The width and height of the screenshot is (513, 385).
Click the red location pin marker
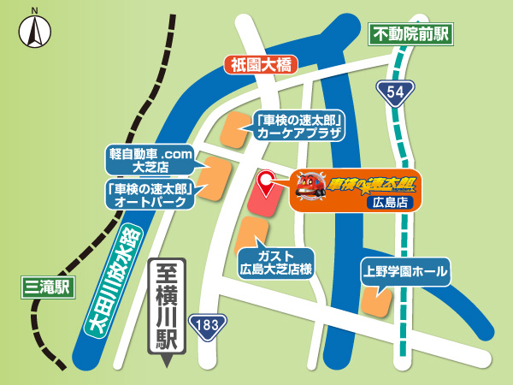coord(266,181)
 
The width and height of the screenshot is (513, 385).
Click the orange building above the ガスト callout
coord(249,234)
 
